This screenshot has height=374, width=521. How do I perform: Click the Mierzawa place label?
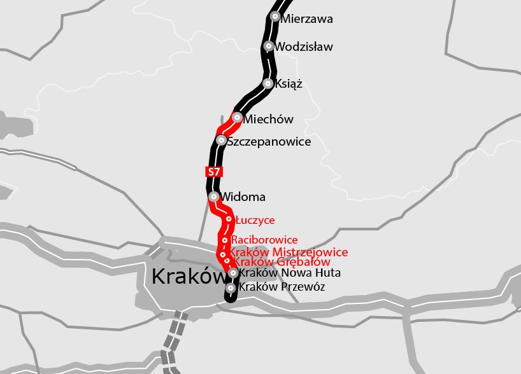click(306, 19)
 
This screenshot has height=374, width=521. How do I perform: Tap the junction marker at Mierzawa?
click(275, 17)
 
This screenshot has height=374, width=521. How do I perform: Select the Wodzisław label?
click(304, 47)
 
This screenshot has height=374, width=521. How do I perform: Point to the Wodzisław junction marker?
click(269, 46)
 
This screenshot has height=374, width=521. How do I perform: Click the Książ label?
click(289, 83)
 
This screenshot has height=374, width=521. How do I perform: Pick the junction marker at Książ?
click(268, 83)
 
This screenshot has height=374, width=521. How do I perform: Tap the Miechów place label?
click(269, 120)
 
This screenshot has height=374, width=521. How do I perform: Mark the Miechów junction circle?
click(237, 117)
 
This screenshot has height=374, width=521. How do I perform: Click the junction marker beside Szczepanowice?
click(221, 140)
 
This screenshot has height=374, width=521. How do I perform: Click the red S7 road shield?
click(214, 171)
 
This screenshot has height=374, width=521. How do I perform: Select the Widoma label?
click(243, 197)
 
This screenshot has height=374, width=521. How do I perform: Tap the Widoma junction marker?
click(214, 197)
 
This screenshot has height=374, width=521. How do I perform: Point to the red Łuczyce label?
click(255, 220)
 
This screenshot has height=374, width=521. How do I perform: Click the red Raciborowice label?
click(264, 240)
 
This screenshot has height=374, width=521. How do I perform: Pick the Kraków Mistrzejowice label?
click(289, 253)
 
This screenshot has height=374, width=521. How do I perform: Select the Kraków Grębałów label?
click(282, 261)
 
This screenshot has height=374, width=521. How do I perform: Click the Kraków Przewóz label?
click(282, 287)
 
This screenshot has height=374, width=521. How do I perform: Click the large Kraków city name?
click(189, 277)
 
